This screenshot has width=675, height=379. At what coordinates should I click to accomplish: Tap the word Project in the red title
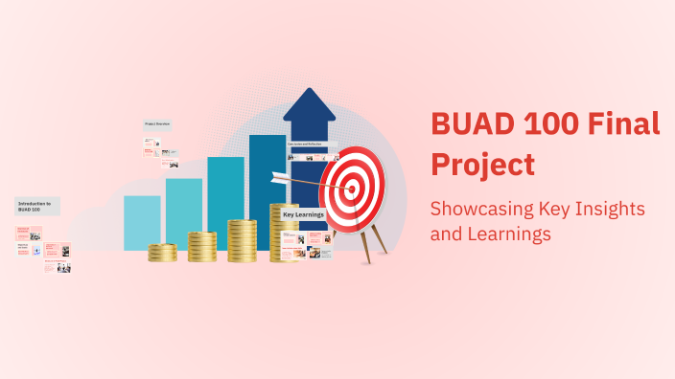[x=482, y=164]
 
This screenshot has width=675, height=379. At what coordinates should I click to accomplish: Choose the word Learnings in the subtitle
[x=516, y=233]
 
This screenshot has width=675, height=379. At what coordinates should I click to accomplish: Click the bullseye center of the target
[x=351, y=189]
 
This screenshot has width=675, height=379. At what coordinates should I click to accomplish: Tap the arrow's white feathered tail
[x=280, y=177]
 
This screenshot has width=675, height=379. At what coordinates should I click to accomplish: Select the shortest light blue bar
[x=142, y=222]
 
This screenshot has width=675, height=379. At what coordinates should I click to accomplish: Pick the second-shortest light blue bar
[x=184, y=212]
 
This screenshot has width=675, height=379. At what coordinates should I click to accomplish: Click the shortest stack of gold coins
[x=162, y=253]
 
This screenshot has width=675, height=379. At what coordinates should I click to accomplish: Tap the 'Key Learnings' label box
[x=303, y=215]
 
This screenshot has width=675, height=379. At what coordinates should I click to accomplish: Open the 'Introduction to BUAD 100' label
[x=37, y=206]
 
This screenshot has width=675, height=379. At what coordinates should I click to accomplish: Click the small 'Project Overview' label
[x=157, y=124]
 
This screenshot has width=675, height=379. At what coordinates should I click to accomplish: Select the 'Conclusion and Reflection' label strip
[x=312, y=145]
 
